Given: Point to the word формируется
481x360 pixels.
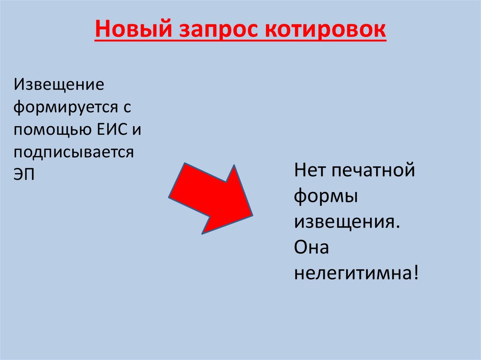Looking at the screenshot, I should coord(64,107).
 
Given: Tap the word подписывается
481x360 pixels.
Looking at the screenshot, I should coord(74,153).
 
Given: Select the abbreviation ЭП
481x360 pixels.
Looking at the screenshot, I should coord(24,174).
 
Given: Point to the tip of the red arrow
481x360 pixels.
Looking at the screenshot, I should coord(252,215).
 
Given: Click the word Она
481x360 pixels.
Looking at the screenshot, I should coord(311,247).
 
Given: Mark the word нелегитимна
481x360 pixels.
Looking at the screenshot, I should coord(352,273).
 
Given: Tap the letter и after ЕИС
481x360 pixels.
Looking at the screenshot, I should coord(136,130).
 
